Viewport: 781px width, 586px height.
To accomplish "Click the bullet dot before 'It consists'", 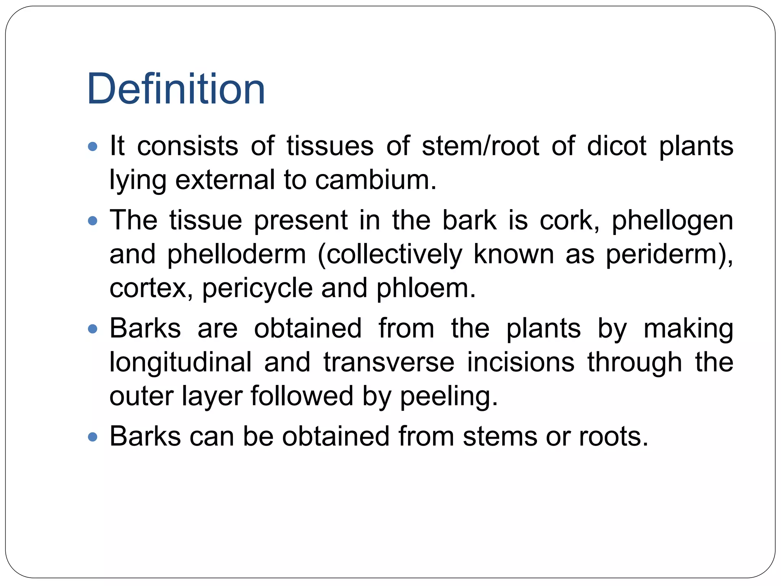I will click(92, 146).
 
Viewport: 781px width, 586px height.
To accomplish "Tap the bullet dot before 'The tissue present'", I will click(92, 221).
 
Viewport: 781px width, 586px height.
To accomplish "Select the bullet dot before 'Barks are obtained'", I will click(92, 328).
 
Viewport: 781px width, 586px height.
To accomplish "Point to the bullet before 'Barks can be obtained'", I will click(92, 436).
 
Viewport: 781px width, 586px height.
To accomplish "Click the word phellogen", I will click(672, 221).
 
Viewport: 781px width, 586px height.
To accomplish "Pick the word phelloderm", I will click(236, 254).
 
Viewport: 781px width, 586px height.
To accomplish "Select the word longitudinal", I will click(180, 362).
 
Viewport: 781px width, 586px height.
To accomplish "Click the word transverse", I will click(389, 362).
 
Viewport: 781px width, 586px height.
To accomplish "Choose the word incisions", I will click(521, 362).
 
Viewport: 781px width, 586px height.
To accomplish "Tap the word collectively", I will click(394, 254).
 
